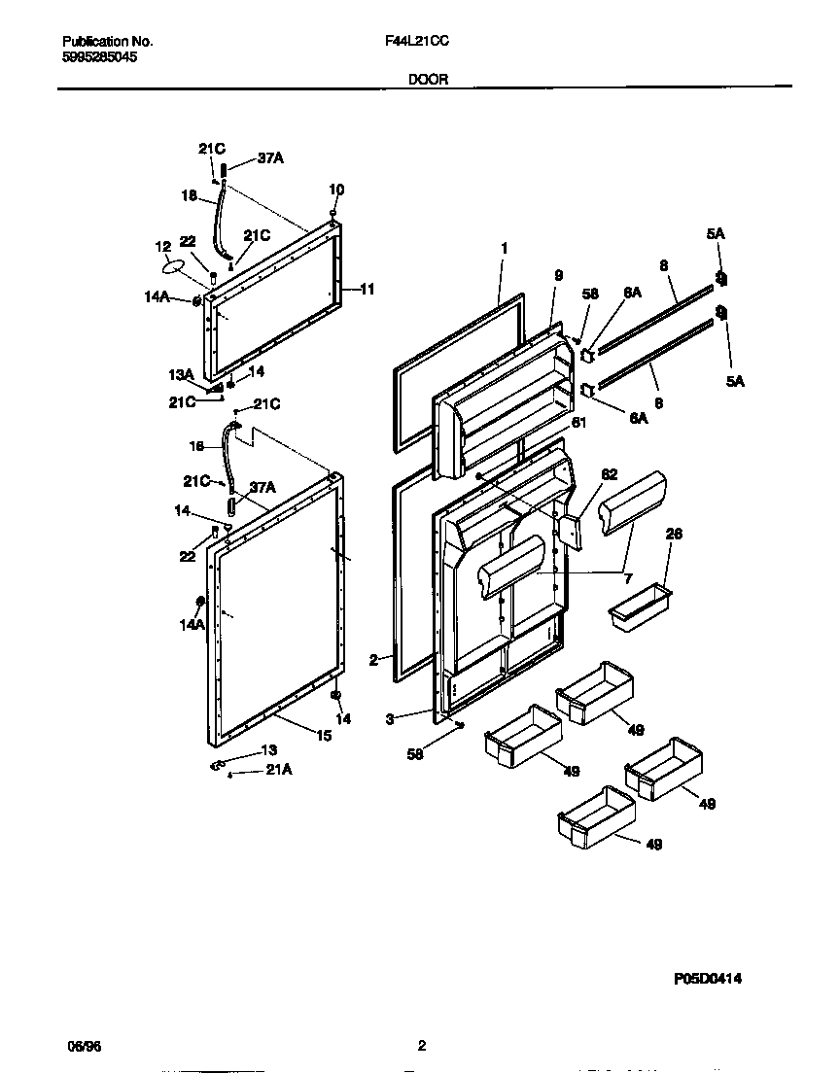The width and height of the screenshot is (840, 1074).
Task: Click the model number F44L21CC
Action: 416,43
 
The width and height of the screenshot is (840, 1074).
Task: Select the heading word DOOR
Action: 427,80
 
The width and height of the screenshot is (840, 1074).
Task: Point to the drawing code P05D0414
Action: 708,980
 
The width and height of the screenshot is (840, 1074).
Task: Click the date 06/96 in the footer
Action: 84,1047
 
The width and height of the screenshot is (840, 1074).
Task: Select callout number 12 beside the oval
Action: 162,247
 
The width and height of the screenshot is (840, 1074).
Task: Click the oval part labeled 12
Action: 171,266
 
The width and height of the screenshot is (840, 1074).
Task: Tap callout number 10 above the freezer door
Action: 336,190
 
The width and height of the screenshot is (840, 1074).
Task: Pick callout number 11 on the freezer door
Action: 367,289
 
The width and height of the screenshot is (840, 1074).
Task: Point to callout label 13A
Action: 182,375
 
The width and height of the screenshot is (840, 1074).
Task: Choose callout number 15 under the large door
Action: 323,737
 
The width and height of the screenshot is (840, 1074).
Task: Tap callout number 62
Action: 609,474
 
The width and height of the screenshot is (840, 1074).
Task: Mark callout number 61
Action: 578,422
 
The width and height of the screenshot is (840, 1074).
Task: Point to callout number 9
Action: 558,276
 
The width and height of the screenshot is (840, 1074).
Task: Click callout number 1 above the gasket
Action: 504,249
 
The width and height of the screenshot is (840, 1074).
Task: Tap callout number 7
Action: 627,578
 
